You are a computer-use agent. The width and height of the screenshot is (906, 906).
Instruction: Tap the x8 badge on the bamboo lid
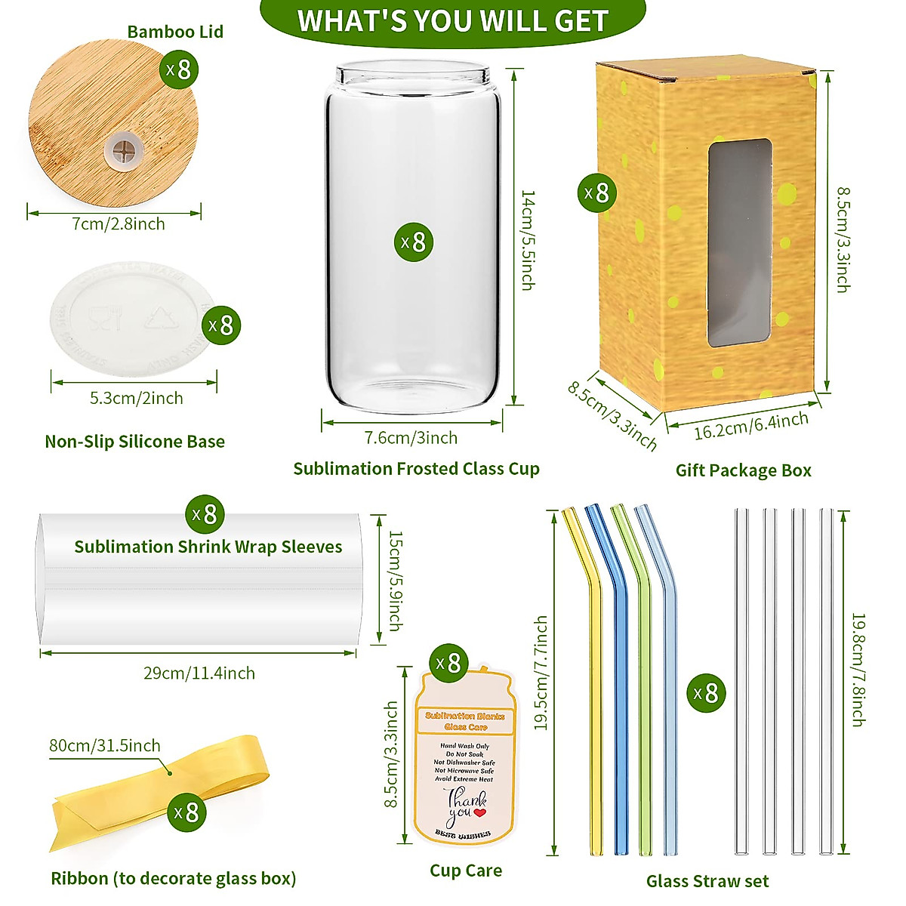[x=180, y=70]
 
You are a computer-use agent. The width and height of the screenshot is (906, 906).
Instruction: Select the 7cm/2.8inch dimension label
[x=119, y=223]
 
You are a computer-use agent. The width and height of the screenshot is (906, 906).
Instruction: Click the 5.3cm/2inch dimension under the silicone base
[x=137, y=398]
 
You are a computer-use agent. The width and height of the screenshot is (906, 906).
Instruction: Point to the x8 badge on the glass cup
[x=414, y=242]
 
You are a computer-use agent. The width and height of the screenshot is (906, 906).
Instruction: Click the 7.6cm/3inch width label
[x=411, y=438]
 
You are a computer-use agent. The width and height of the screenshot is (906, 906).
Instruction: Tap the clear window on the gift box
[x=739, y=242]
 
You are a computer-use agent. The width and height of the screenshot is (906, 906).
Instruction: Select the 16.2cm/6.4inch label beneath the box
[x=751, y=427]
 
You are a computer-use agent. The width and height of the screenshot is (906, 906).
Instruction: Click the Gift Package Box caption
[x=743, y=470]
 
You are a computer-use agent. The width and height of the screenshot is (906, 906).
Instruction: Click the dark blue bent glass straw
[x=620, y=679]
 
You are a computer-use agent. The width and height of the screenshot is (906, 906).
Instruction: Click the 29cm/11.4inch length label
[x=199, y=673]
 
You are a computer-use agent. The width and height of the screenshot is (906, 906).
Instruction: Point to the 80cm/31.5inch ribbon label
[x=105, y=745]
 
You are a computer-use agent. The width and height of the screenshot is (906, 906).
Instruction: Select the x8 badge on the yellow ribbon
[x=186, y=812]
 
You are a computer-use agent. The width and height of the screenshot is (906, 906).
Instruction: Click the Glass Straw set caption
[x=707, y=881]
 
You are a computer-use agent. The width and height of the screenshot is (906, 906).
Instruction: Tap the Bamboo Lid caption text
[x=175, y=32]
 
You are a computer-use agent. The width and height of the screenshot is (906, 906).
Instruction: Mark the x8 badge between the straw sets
[x=707, y=693]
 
